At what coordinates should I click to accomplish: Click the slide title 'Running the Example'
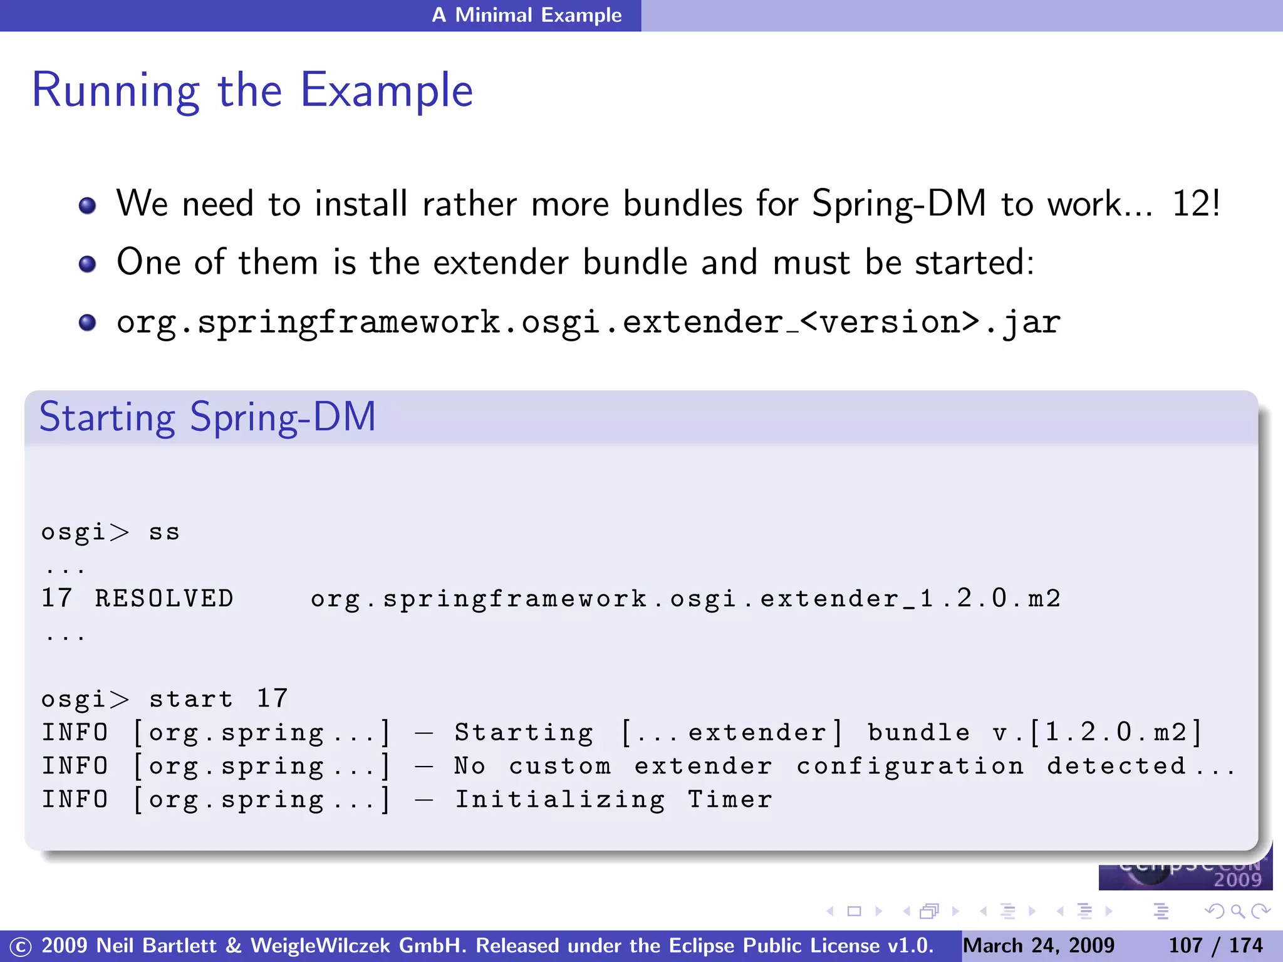point(252,91)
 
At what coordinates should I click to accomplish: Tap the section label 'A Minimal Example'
point(526,15)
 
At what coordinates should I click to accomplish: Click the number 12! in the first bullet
point(1195,204)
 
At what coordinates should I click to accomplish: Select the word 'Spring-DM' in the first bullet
point(899,204)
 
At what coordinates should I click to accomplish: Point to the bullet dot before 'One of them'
point(88,264)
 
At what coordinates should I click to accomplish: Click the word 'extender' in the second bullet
point(501,262)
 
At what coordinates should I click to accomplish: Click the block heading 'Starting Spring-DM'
point(207,417)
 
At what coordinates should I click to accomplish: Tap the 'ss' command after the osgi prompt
point(164,532)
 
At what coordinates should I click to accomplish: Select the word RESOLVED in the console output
point(164,599)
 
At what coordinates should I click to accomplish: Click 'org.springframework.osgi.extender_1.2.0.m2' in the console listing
point(685,599)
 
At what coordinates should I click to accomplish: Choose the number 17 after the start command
point(272,699)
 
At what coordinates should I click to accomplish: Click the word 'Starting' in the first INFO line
point(524,733)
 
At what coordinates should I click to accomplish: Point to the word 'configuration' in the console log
point(910,766)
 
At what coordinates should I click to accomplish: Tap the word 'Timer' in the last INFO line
point(730,800)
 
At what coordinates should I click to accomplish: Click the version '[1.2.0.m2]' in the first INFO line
point(1116,733)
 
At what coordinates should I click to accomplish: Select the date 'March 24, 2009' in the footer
point(1038,946)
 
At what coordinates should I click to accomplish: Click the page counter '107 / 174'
point(1215,946)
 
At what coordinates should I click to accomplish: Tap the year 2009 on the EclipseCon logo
point(1237,880)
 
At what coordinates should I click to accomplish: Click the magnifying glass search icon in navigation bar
point(1237,911)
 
